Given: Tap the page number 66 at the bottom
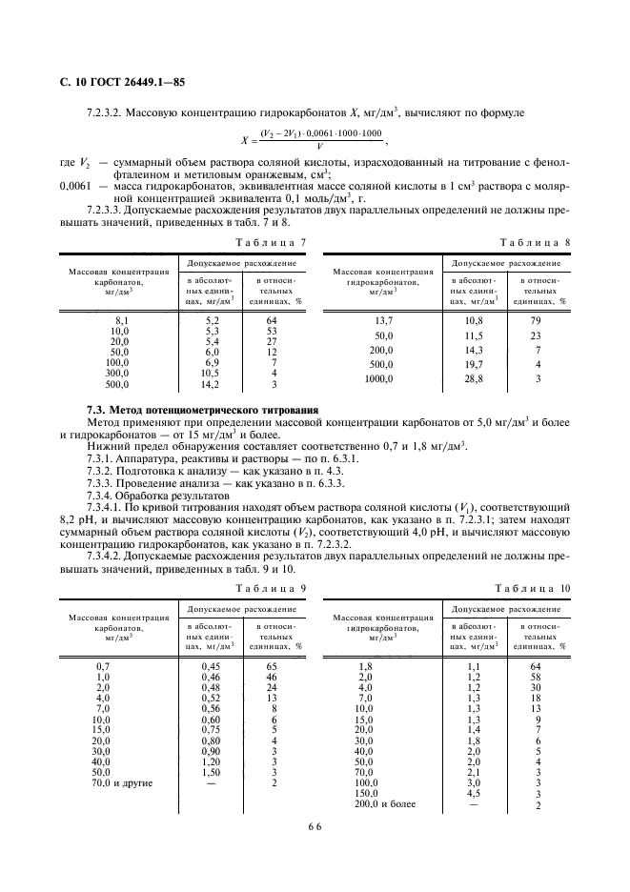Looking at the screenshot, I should click(x=315, y=828).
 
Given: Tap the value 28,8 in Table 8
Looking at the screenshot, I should click(x=473, y=379).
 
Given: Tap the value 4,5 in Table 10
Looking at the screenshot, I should click(x=474, y=794).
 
